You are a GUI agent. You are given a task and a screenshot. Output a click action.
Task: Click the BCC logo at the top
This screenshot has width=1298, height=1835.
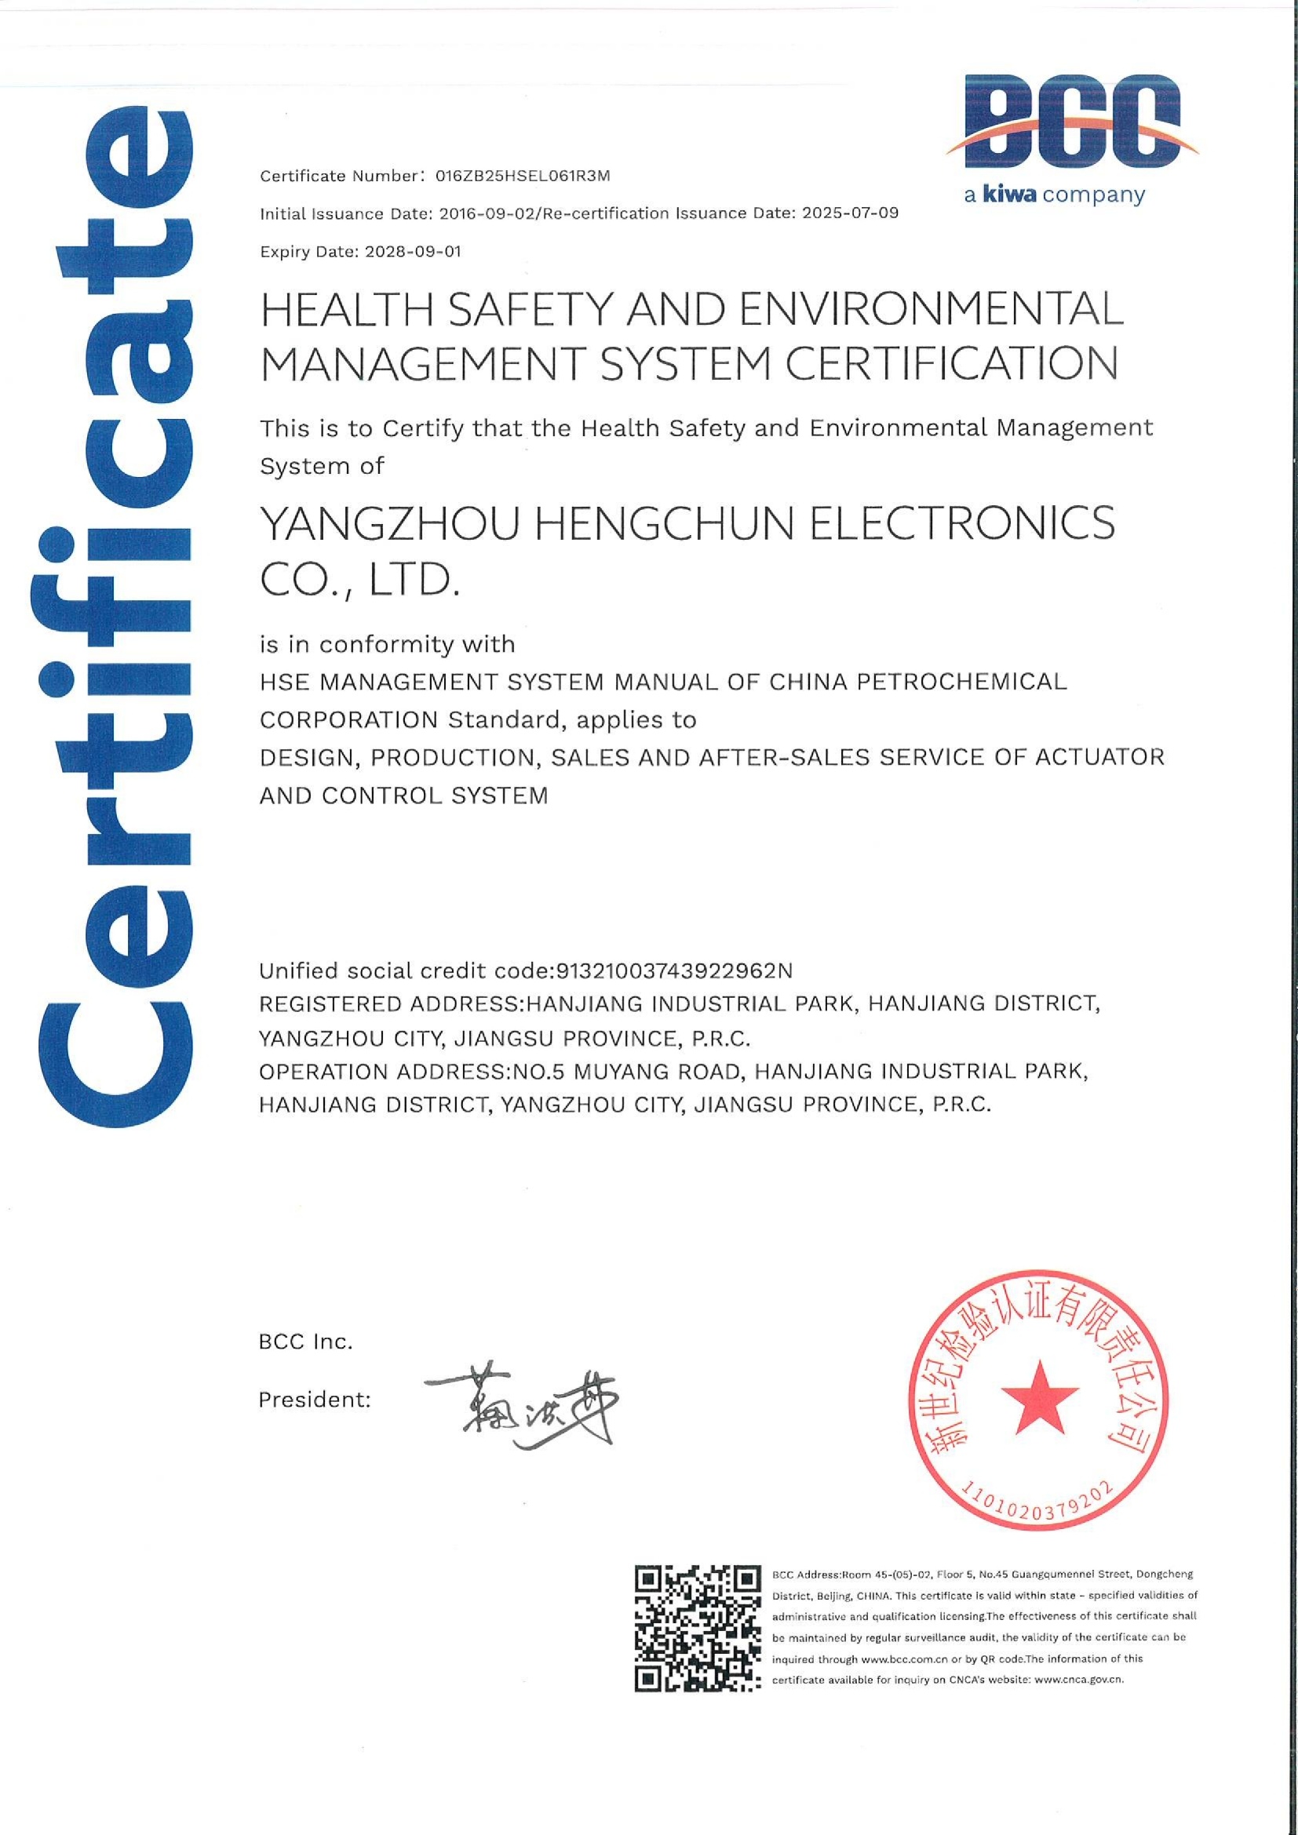point(1070,121)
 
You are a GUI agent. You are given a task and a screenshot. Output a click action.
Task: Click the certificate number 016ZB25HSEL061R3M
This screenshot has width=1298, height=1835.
point(523,177)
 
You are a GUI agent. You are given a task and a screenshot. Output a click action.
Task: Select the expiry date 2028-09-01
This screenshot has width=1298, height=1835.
point(413,252)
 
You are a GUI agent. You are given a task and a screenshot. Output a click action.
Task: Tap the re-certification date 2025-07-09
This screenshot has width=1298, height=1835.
point(851,214)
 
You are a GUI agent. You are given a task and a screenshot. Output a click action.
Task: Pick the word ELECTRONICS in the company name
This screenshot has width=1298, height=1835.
point(962,524)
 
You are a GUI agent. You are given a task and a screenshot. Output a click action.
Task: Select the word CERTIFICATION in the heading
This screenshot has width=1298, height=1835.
point(951,364)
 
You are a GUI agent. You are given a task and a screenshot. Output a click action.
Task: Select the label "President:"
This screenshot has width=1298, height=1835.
point(314,1400)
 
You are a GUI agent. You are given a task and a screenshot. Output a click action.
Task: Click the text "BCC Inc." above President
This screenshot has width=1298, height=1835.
point(305,1342)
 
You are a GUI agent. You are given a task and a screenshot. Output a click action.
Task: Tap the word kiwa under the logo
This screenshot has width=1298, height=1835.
point(1008,195)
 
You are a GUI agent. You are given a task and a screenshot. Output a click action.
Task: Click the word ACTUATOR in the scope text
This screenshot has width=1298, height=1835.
point(1099,757)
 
